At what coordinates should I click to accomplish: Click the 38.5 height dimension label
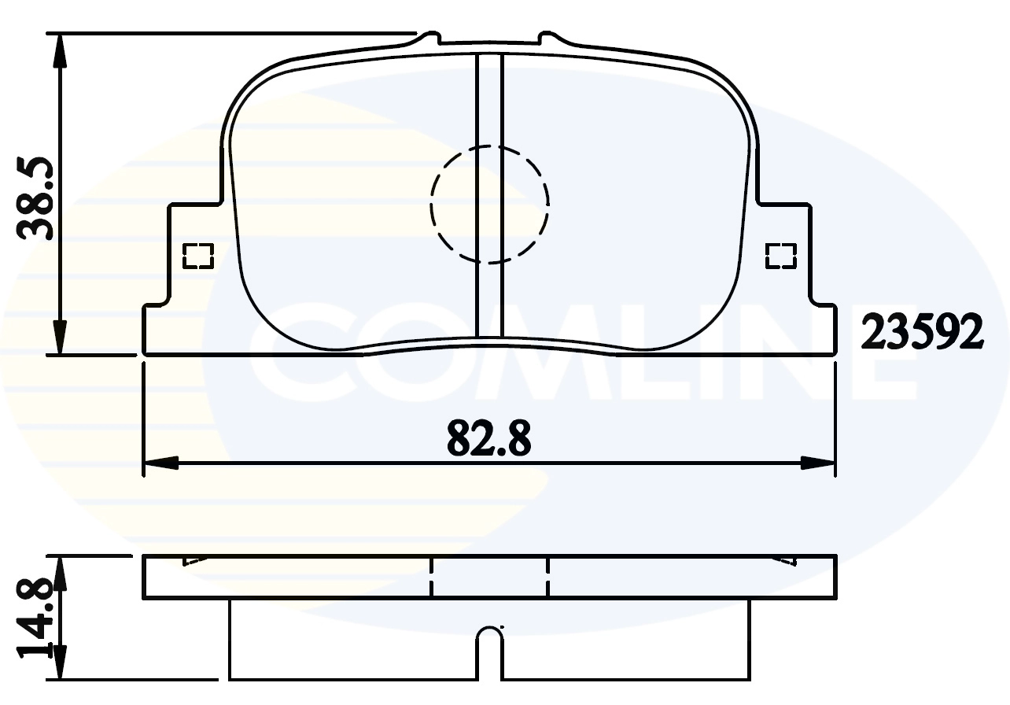click(x=35, y=197)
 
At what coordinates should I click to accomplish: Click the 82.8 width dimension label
click(x=488, y=439)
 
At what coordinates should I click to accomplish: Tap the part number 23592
click(x=923, y=332)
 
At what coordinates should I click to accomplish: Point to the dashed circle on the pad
click(x=489, y=204)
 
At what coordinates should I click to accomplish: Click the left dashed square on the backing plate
click(x=197, y=256)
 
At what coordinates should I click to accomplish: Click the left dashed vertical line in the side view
click(x=431, y=578)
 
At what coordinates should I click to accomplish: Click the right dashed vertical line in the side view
click(x=547, y=578)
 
